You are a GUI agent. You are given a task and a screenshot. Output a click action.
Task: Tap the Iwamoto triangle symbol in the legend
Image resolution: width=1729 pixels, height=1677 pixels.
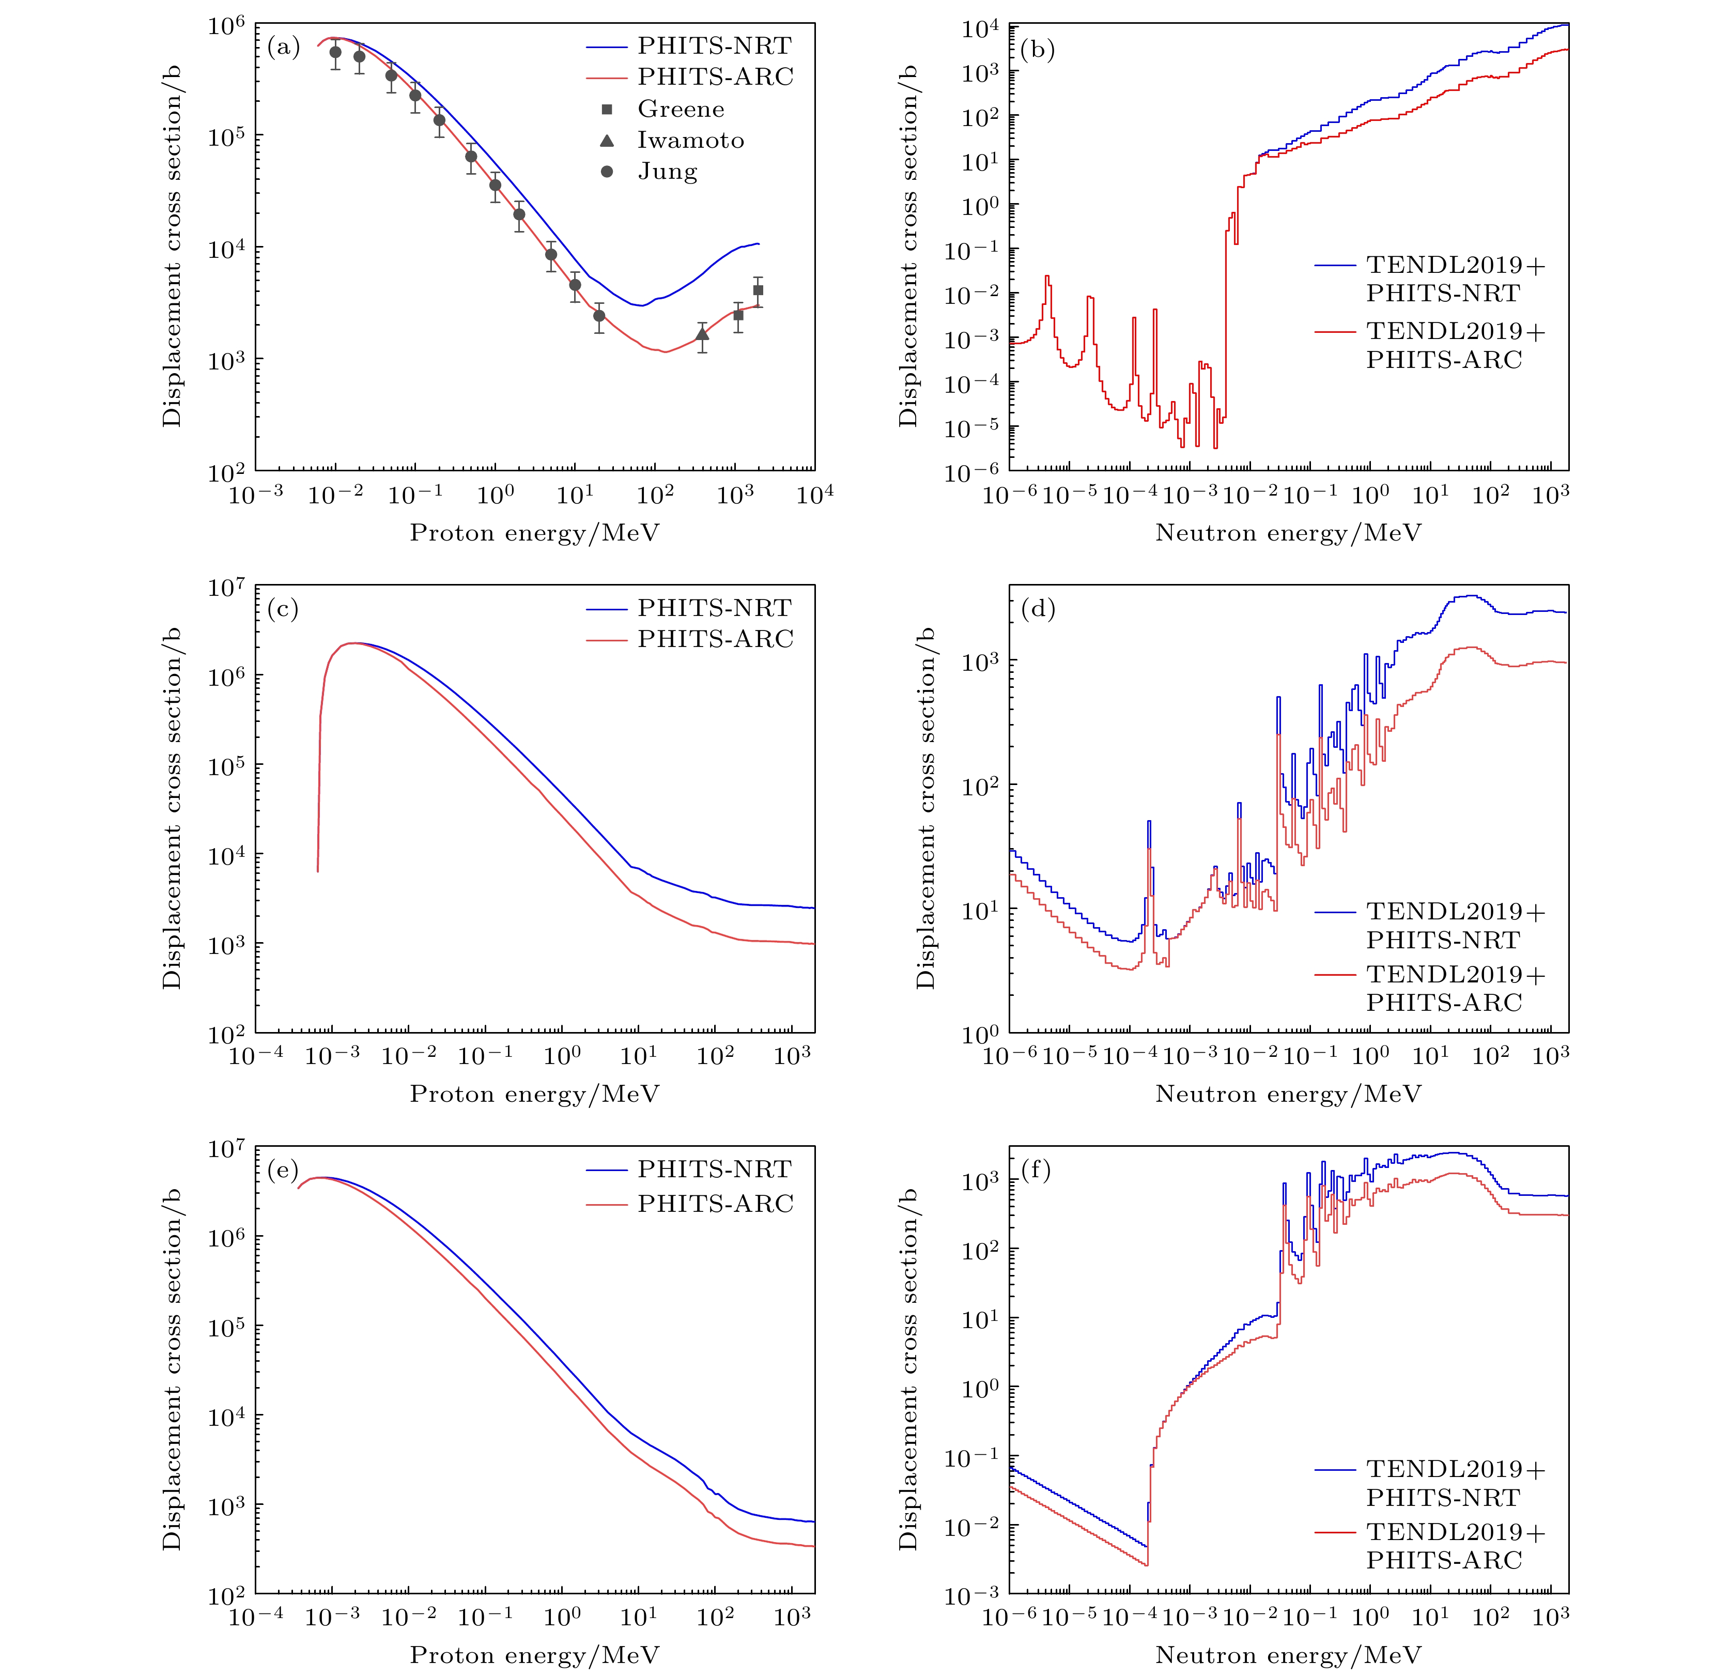pyautogui.click(x=607, y=140)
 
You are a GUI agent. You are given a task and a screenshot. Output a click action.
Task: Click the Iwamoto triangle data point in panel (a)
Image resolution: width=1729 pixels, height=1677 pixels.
pyautogui.click(x=702, y=334)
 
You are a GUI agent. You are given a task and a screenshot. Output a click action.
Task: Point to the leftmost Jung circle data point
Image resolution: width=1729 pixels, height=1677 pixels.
pyautogui.click(x=335, y=53)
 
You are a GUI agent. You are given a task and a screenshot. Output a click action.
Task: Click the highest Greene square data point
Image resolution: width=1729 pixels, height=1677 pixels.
pyautogui.click(x=758, y=290)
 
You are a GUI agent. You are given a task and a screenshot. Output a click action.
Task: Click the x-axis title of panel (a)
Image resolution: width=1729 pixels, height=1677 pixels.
pyautogui.click(x=535, y=533)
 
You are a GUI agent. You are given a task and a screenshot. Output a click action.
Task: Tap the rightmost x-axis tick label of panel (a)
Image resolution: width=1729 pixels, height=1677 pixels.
pyautogui.click(x=815, y=494)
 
